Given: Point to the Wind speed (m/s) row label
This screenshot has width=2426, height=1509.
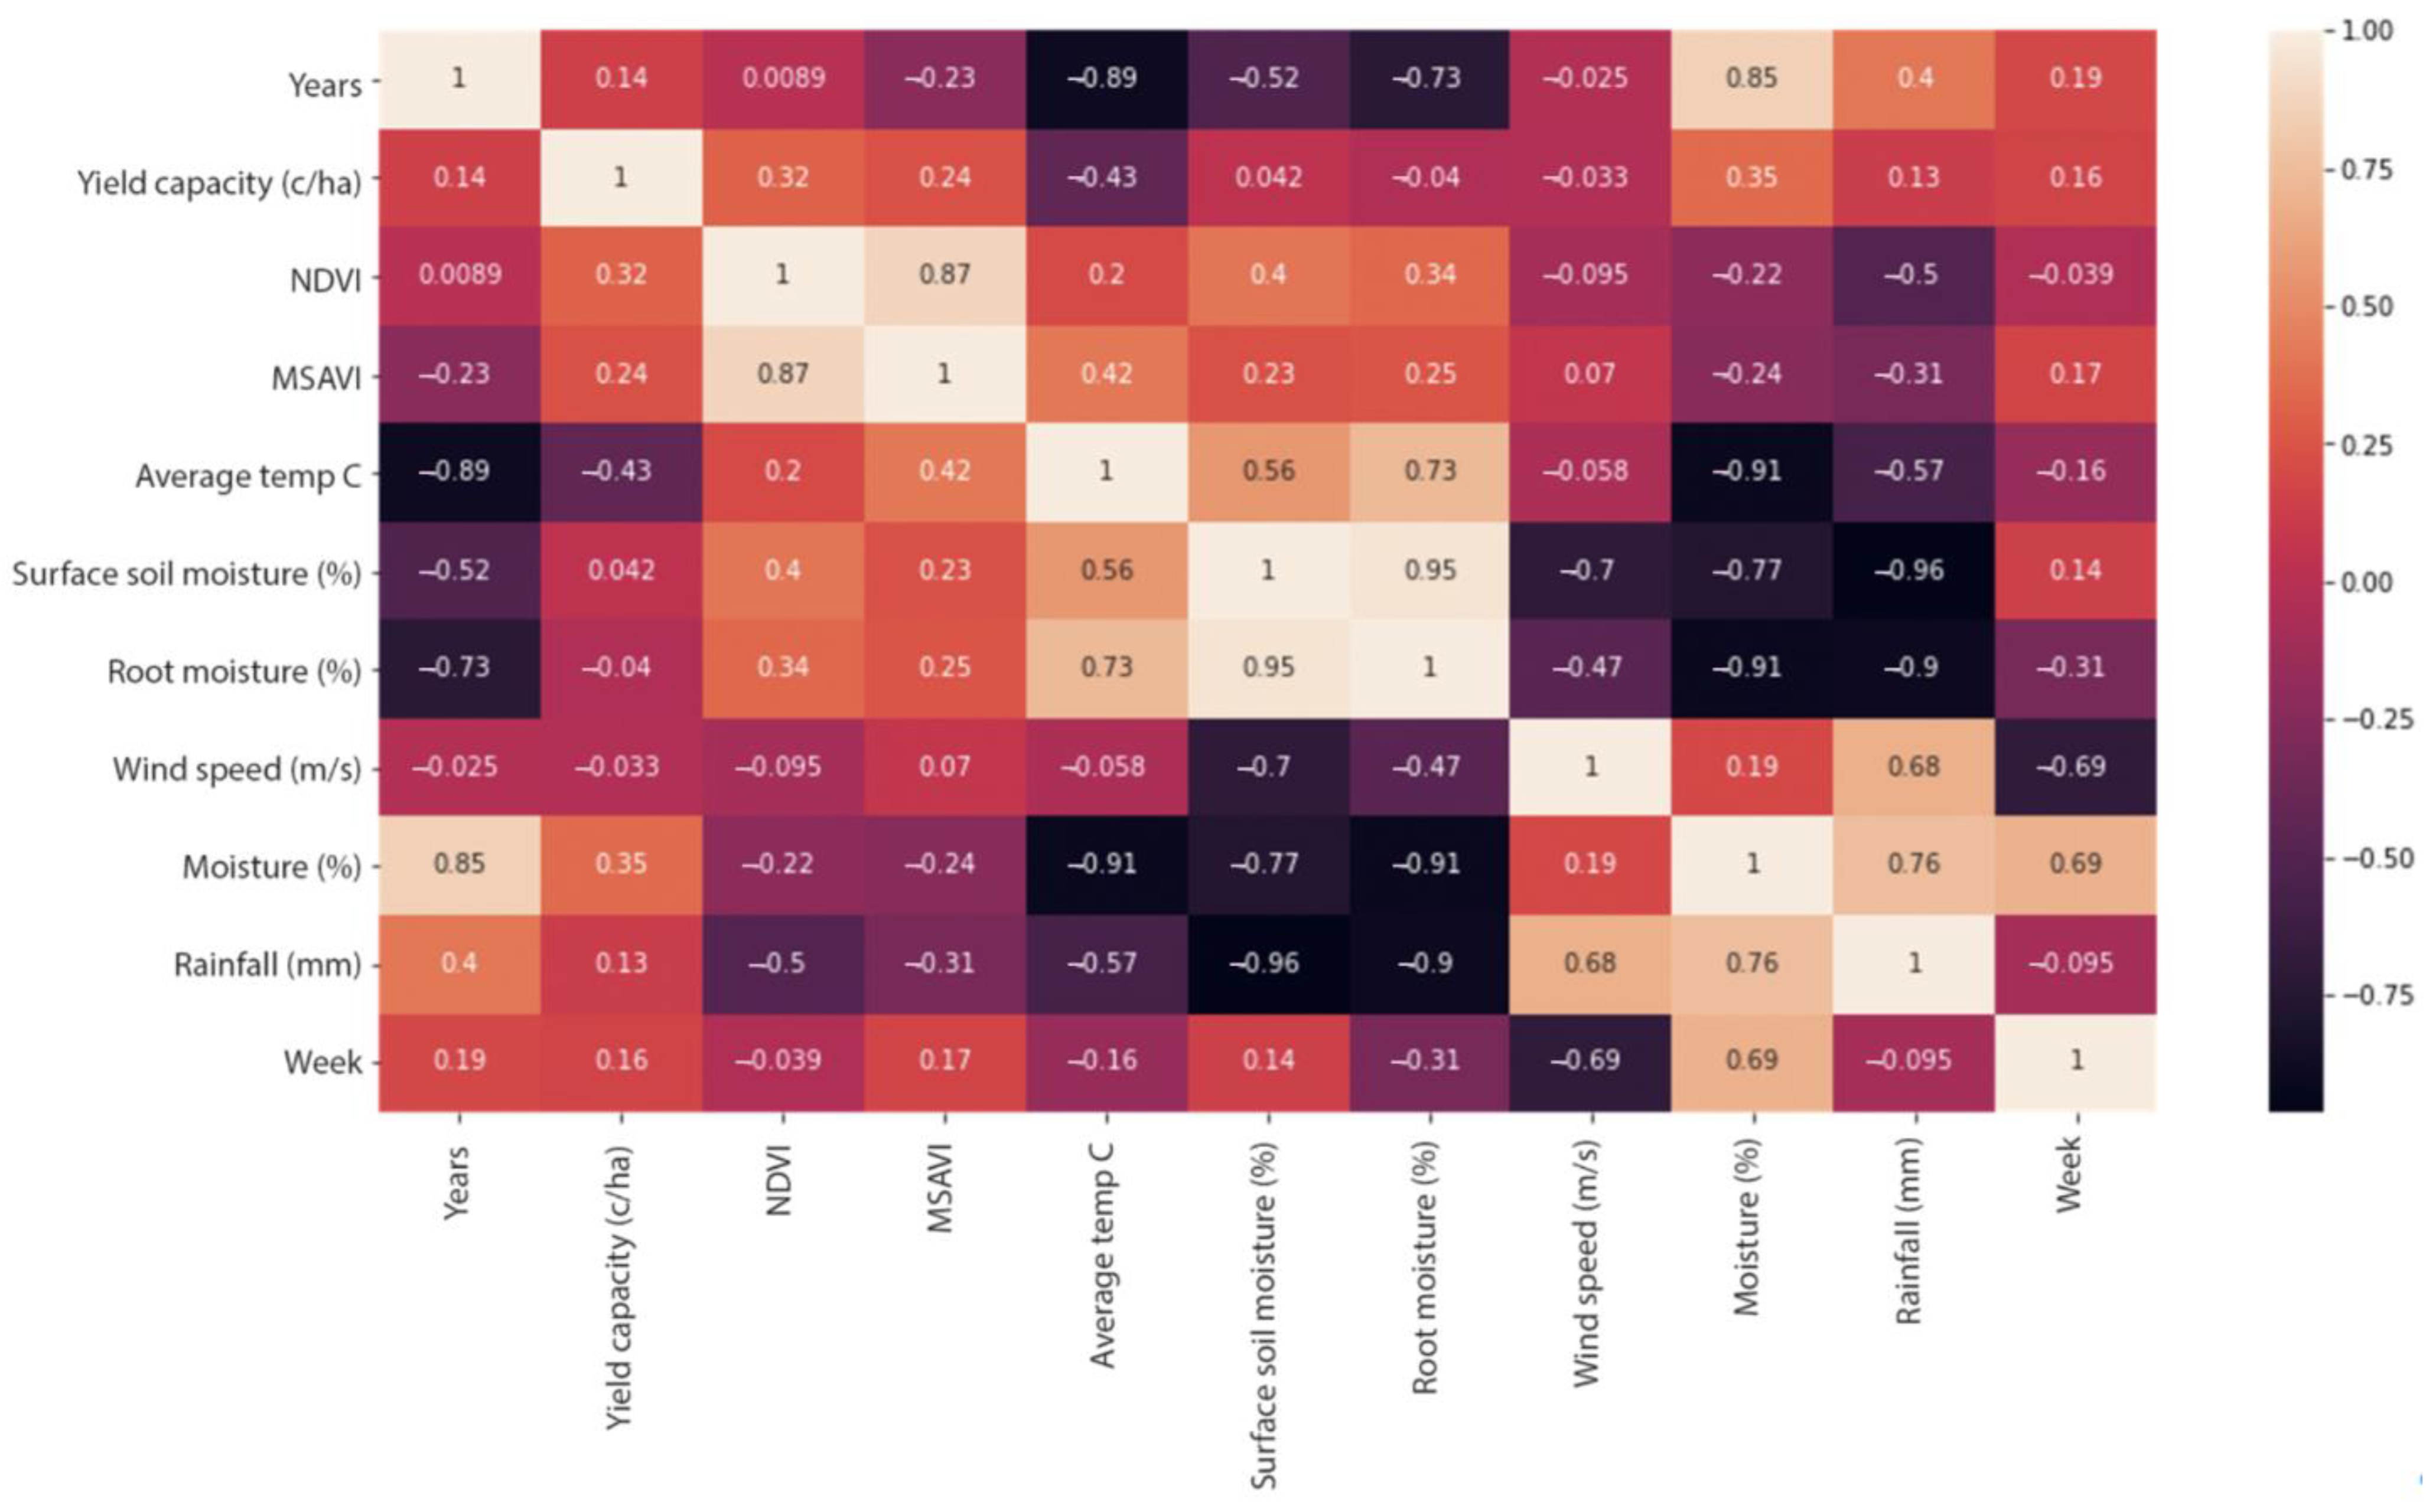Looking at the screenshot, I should click(x=237, y=769).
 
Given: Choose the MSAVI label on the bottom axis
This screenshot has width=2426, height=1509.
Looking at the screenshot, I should click(x=942, y=1188).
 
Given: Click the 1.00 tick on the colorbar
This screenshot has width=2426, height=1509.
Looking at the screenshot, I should click(x=2366, y=30).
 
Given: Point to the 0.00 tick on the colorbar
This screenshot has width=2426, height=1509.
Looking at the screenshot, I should click(x=2366, y=582).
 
